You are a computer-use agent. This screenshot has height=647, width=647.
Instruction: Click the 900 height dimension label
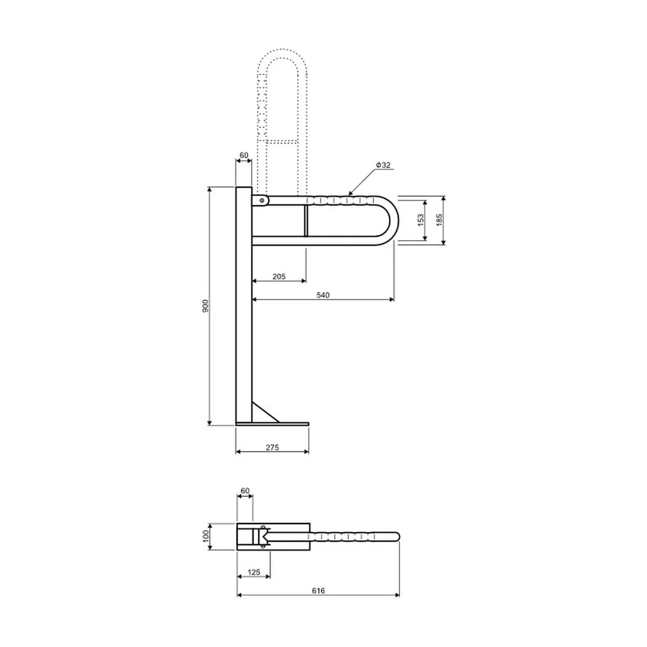point(206,306)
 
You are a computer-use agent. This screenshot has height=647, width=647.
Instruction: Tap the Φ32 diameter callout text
point(383,165)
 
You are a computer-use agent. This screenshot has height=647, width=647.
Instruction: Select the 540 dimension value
point(323,295)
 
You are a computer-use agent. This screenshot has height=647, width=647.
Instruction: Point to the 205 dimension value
point(279,276)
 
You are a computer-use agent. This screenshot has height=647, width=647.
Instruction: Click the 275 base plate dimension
point(272,447)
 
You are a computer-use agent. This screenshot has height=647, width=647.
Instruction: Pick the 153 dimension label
point(421,219)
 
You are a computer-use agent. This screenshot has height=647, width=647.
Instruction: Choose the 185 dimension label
point(439,219)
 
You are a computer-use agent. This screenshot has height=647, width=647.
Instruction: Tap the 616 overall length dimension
point(318,591)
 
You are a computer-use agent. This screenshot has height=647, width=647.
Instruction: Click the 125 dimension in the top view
point(254,573)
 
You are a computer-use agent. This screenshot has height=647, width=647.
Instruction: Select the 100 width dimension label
point(206,536)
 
